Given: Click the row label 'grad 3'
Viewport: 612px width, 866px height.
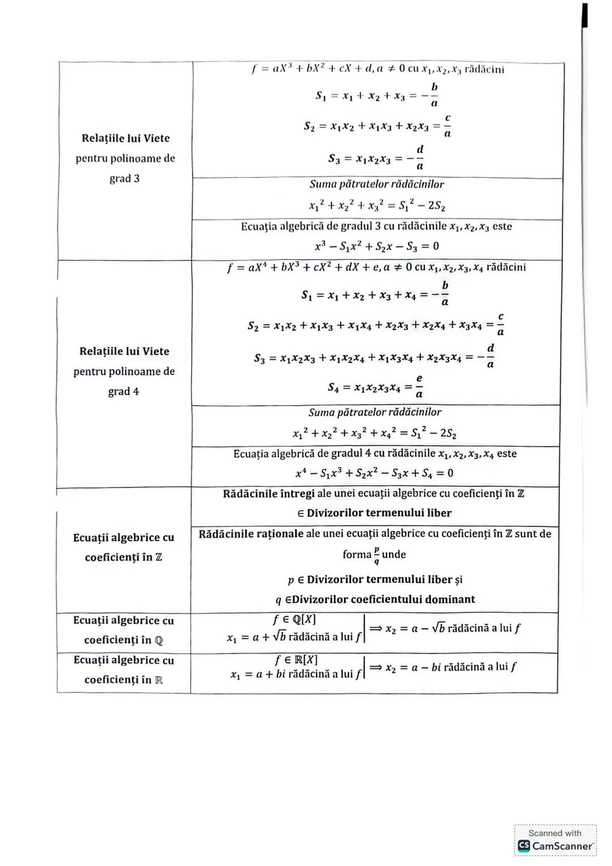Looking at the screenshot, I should pyautogui.click(x=124, y=179).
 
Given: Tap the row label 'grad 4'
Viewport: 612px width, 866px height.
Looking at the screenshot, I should pyautogui.click(x=123, y=392).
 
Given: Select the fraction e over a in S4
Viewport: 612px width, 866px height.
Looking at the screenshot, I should pyautogui.click(x=419, y=386).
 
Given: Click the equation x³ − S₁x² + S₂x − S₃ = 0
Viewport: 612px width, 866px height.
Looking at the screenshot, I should pyautogui.click(x=377, y=247).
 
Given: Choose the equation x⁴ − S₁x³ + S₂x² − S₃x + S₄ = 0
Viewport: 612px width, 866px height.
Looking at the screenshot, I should pyautogui.click(x=374, y=473).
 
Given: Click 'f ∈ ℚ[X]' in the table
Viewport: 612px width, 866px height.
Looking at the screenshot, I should pyautogui.click(x=295, y=619).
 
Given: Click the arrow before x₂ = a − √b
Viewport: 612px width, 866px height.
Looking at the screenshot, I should pyautogui.click(x=376, y=629).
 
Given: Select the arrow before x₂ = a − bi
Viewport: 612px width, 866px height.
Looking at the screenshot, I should pyautogui.click(x=376, y=668).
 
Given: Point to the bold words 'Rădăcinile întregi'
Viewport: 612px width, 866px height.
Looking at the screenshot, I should pyautogui.click(x=269, y=494).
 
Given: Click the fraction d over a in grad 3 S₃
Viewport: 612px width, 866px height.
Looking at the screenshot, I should pyautogui.click(x=419, y=158).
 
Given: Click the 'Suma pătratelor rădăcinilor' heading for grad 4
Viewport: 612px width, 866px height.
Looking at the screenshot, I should pyautogui.click(x=375, y=413).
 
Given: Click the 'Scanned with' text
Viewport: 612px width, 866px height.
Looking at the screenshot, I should pyautogui.click(x=555, y=833).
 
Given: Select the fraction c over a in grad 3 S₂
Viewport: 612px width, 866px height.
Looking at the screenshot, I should pyautogui.click(x=448, y=126).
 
